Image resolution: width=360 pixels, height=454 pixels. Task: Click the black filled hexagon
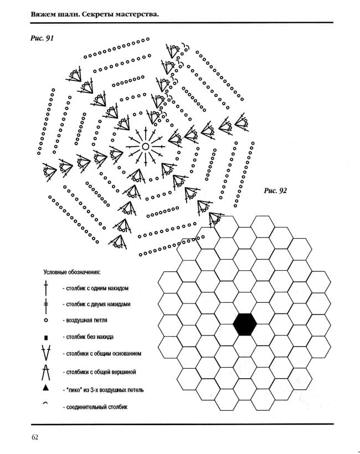[x=245, y=324]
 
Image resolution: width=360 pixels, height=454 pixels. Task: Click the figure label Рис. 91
[x=42, y=38]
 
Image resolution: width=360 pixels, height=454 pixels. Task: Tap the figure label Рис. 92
[x=275, y=190]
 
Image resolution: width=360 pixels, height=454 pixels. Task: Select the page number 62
[x=35, y=437]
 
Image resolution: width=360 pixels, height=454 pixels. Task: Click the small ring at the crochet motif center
[x=146, y=147]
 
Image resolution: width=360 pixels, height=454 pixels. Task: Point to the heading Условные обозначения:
[x=72, y=272]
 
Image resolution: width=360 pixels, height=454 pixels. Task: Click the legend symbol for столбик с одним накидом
[x=45, y=288]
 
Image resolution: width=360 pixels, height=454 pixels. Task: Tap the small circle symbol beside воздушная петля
[x=45, y=321]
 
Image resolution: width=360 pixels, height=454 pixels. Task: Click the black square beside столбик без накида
[x=45, y=338]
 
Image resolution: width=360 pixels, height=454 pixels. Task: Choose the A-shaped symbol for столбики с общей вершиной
[x=46, y=372]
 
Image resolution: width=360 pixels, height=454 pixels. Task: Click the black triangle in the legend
[x=45, y=388]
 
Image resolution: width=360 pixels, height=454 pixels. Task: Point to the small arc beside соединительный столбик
[x=45, y=403]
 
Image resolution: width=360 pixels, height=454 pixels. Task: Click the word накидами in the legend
[x=119, y=305]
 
